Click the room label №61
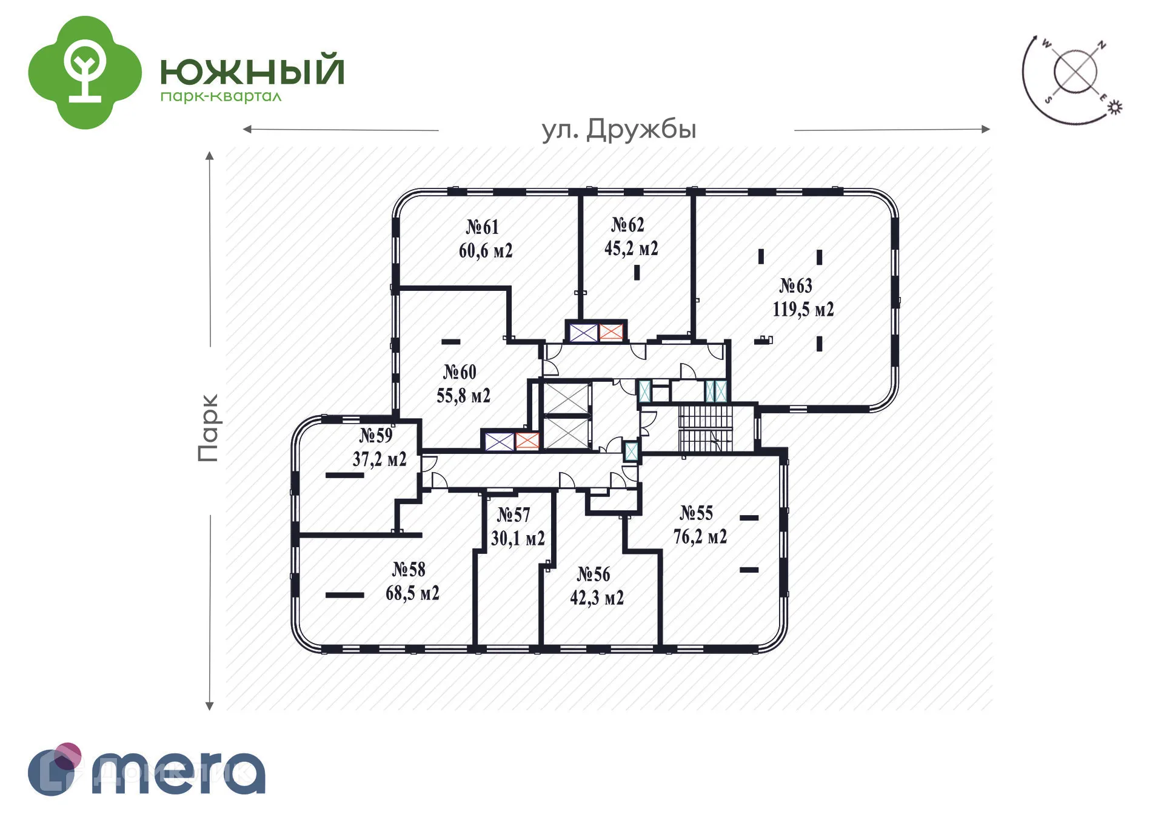482,227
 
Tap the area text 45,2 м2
630,248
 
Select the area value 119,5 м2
803,310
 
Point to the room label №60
460,372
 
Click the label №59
376,435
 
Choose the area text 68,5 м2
412,593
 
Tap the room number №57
513,515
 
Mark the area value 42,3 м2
597,598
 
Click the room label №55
696,513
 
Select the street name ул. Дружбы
618,130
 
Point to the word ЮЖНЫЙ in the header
252,70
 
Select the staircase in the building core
705,429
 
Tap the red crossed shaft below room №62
611,332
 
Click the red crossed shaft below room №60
527,441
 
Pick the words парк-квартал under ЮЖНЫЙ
221,97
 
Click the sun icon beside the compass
1115,107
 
